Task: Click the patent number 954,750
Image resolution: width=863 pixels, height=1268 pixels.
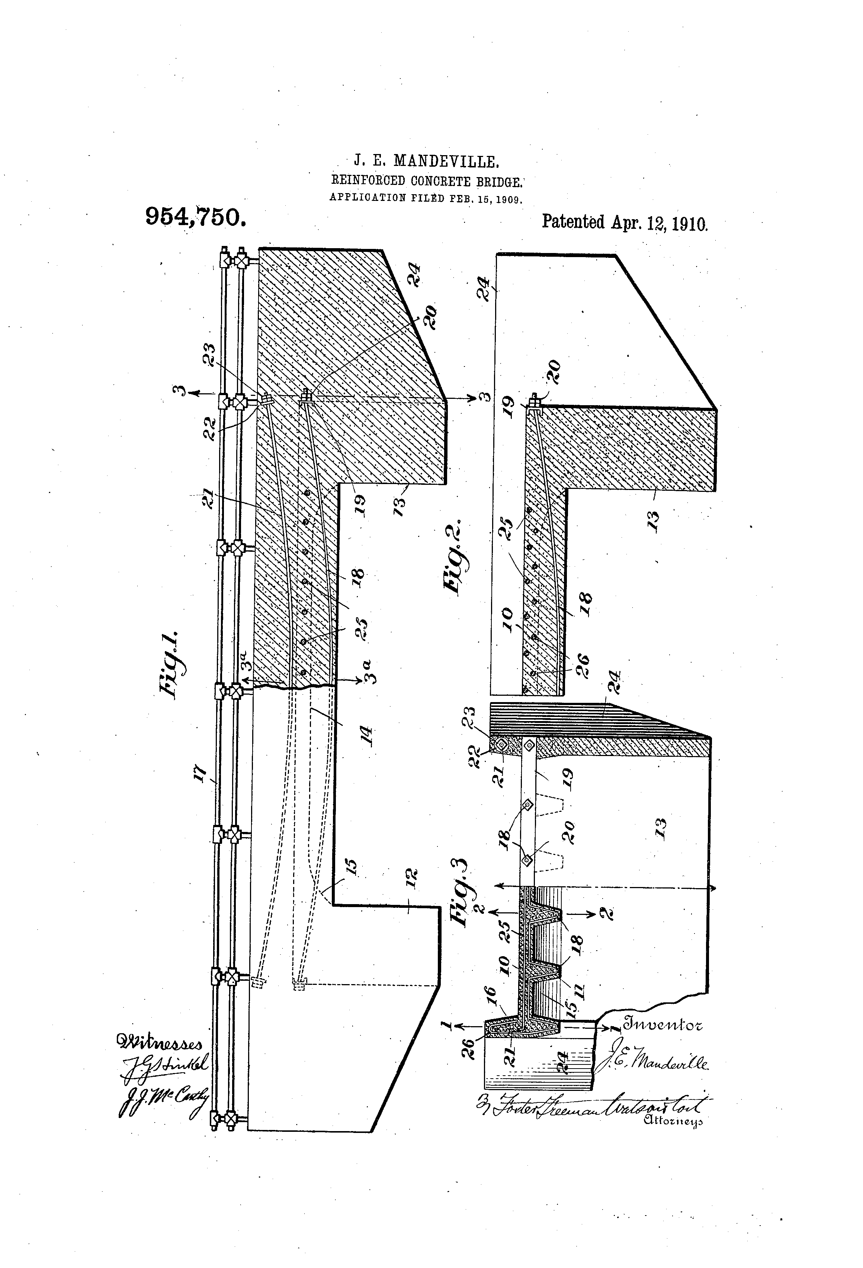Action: pos(195,218)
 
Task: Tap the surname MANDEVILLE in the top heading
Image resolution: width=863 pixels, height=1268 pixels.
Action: pos(446,161)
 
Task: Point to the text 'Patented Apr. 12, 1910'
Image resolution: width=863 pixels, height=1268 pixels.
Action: pos(624,222)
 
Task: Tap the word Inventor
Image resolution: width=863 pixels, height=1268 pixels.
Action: pos(662,1024)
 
